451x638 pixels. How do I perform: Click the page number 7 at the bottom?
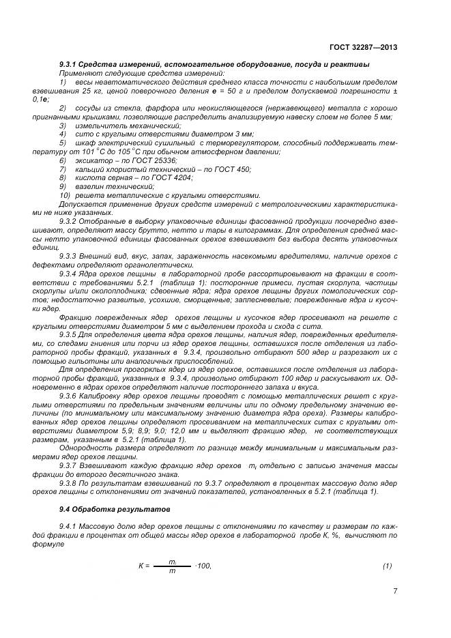(x=395, y=591)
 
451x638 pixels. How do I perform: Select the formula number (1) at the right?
(x=387, y=566)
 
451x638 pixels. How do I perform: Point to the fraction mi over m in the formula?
(x=172, y=566)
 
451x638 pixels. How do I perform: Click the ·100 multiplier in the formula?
(x=204, y=566)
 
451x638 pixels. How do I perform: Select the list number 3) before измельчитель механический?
(x=62, y=126)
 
